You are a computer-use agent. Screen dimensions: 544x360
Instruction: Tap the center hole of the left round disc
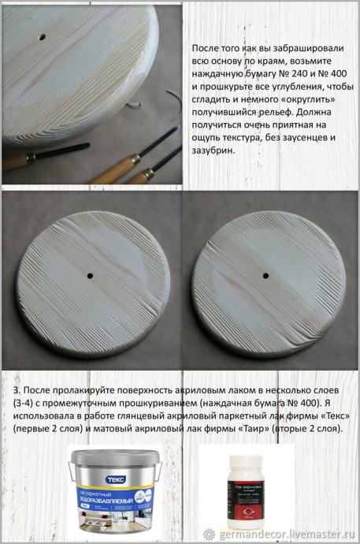[91, 275]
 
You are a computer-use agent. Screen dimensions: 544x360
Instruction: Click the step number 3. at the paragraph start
[17, 391]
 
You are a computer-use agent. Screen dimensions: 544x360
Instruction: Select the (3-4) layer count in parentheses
[26, 404]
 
